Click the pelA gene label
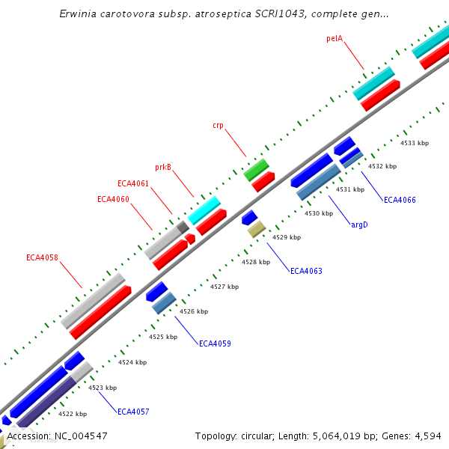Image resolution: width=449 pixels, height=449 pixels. (335, 37)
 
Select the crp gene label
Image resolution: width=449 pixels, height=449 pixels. (218, 126)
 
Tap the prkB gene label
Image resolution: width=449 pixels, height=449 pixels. (163, 167)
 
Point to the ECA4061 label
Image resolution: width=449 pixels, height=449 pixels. (133, 183)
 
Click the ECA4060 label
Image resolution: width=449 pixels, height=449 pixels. (113, 199)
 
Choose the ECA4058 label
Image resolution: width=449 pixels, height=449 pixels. (42, 258)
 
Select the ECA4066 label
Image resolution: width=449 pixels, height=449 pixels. (400, 200)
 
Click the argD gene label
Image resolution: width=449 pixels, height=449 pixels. (359, 224)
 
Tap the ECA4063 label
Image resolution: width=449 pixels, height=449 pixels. (306, 271)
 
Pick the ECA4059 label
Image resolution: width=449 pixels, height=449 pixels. (215, 343)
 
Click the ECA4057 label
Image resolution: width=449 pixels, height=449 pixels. (133, 412)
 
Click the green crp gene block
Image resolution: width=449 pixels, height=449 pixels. (256, 170)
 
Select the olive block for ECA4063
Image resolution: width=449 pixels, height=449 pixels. (257, 228)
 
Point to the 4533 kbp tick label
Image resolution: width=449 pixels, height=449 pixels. (415, 143)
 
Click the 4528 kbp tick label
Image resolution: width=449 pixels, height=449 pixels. (256, 262)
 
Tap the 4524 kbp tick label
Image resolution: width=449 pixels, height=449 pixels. (132, 362)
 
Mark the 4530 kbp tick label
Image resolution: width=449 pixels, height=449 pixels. (318, 213)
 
